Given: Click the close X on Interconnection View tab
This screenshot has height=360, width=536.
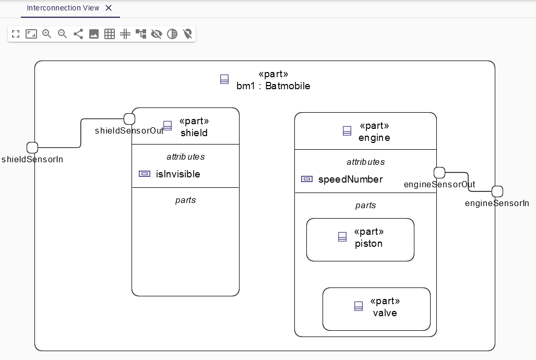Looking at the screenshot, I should tap(109, 8).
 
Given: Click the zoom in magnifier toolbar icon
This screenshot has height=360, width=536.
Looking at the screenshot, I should tap(47, 34).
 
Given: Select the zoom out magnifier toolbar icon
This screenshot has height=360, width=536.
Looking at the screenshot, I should tap(63, 34).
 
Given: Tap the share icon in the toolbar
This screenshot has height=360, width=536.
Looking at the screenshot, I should tap(78, 34).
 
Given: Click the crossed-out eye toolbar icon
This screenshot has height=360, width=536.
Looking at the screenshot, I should tap(157, 34).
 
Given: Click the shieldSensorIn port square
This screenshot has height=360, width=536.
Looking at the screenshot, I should tap(32, 148).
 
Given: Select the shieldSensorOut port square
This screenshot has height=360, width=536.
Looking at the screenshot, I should tap(129, 118).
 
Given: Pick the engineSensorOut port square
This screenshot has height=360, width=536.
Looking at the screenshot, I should tap(439, 173).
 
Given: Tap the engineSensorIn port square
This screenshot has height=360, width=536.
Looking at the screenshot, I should tap(497, 191).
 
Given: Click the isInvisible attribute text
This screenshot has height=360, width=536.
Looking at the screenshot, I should tap(178, 174).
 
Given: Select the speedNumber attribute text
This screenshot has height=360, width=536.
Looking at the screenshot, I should tap(350, 179).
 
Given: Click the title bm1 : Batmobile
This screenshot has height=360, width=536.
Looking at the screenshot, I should tap(273, 86).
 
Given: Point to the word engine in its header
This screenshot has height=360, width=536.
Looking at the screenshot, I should tap(374, 138).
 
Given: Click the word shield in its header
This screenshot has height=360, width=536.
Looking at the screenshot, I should tap(194, 133).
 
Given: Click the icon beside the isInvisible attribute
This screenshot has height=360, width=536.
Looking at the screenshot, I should tap(145, 174).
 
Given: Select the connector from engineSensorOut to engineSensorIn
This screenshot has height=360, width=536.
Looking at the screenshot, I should tap(468, 182).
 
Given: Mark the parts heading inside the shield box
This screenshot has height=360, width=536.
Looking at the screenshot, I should tap(185, 200).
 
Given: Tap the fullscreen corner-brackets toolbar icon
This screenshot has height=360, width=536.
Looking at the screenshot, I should tap(16, 34).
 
